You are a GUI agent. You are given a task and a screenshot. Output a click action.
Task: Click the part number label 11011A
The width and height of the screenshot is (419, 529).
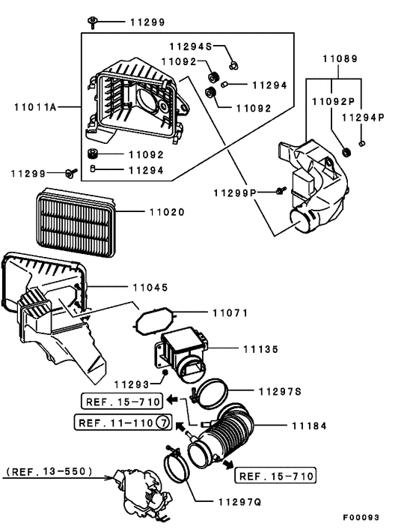(35, 107)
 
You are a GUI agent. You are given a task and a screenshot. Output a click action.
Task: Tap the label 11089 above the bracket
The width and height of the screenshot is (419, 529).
(340, 58)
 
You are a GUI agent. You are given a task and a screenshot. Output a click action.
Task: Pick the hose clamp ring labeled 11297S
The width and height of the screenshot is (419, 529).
(221, 393)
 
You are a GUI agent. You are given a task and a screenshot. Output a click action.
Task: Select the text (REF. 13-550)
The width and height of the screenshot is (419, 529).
(49, 471)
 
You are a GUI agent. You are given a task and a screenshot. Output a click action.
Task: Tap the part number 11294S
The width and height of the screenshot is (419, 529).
(190, 46)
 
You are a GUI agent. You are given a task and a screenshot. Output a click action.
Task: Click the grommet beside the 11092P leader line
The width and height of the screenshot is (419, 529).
(346, 154)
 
